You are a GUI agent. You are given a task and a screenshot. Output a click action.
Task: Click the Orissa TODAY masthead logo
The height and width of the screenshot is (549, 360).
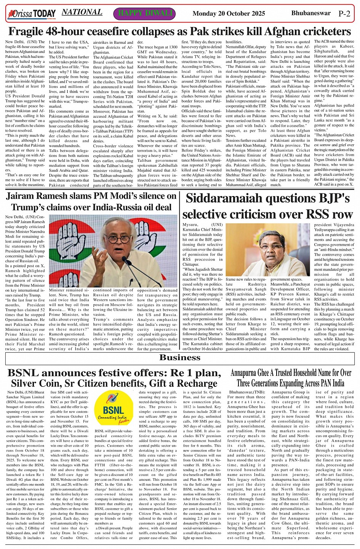point(32,14)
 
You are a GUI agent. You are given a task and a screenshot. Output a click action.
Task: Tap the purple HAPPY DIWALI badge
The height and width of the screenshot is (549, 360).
point(145,13)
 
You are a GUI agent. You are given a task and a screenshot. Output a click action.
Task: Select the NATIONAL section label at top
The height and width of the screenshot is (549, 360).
point(82,12)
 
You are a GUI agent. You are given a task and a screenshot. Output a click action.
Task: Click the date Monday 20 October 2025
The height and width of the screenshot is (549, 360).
point(229,14)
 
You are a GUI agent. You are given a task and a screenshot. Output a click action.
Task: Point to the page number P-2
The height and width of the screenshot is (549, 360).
point(344,14)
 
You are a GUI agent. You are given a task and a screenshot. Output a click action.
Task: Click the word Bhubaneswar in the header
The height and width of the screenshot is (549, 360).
point(311,13)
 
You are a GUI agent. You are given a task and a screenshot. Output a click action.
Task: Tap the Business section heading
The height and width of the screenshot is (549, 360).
point(180,357)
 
